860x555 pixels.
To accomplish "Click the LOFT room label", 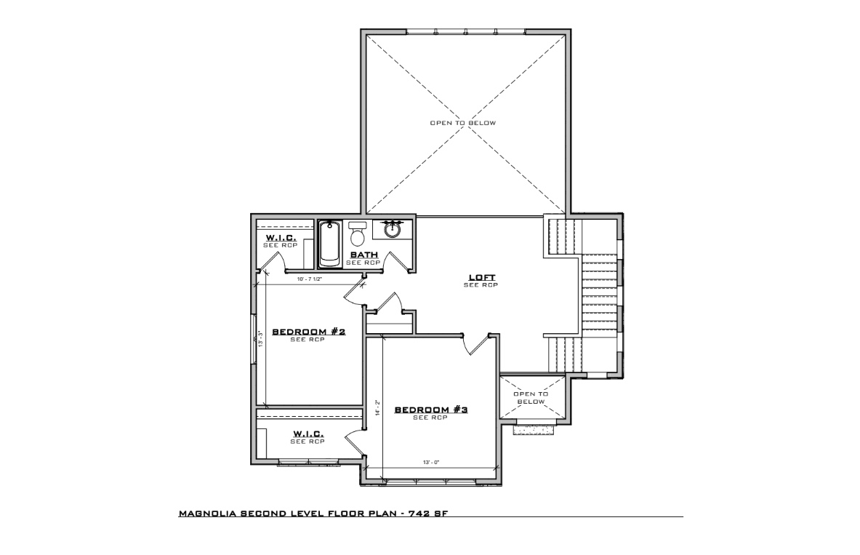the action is coord(481,277).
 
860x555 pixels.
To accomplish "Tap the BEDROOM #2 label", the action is coord(309,332).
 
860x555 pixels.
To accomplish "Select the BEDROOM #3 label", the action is coord(431,410).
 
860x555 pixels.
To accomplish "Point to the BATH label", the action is coord(364,255).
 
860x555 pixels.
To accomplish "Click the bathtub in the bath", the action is coord(329,244).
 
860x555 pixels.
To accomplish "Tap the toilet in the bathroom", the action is coord(357,234).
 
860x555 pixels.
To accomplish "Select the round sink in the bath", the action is coord(392,229).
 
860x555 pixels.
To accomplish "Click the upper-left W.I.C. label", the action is coord(281,238).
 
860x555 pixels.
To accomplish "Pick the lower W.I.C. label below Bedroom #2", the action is coord(308,434).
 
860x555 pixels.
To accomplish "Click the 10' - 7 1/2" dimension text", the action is coord(310,279).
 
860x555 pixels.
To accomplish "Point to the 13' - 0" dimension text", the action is coord(431,462).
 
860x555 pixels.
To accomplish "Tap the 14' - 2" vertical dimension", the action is coord(377,407).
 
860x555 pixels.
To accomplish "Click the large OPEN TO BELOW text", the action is coord(463,122).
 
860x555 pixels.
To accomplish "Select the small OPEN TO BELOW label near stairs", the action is coord(531,397).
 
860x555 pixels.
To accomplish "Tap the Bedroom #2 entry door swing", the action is coord(354,294).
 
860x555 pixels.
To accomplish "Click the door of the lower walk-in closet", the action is coord(355,442).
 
